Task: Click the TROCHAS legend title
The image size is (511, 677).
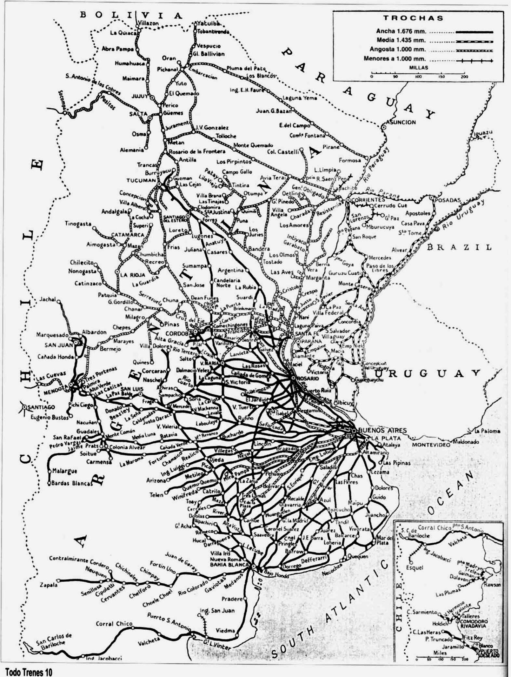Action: click(413, 18)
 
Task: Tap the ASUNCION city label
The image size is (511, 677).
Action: click(400, 122)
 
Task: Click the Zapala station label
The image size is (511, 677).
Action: click(48, 585)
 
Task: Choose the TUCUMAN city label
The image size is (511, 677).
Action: click(141, 180)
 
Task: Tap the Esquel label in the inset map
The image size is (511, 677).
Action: click(414, 567)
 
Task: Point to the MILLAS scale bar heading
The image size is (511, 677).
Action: click(418, 68)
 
